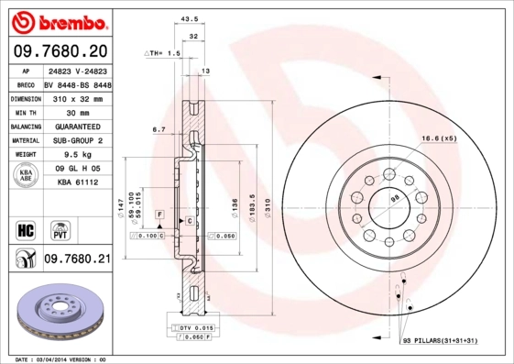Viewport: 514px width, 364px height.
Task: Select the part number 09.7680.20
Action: click(60, 51)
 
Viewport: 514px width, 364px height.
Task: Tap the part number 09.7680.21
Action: click(77, 259)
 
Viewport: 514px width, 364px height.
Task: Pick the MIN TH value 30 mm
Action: click(78, 111)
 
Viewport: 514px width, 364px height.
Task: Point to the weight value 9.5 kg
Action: click(78, 155)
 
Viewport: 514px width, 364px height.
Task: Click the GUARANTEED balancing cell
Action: click(78, 126)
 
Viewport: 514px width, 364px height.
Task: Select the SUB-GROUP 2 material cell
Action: click(78, 140)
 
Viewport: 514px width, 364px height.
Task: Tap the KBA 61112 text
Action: click(78, 183)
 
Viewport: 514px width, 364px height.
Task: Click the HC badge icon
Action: click(25, 228)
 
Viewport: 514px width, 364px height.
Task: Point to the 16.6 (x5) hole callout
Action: click(439, 138)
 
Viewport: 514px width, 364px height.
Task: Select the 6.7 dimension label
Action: click(158, 129)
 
